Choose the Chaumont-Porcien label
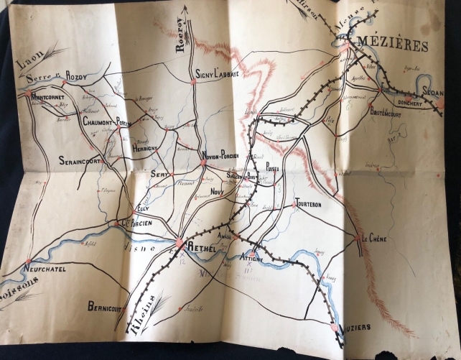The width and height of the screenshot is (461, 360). [106, 122]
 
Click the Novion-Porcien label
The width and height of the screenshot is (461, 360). [224, 157]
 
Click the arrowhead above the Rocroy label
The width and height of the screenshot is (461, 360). [184, 9]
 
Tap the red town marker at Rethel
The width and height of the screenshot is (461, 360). [179, 245]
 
